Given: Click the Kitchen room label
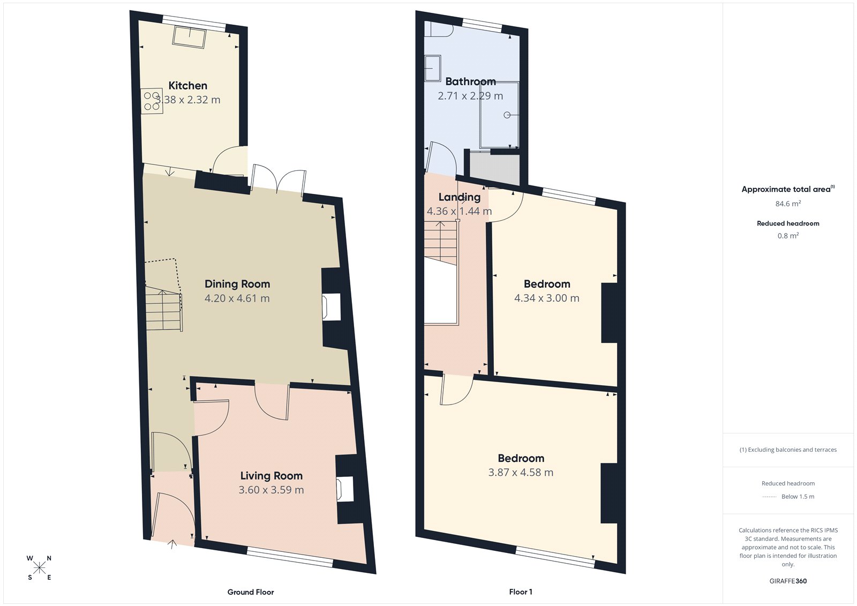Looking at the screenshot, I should point(187,86).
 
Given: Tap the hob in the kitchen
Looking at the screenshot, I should point(152,101).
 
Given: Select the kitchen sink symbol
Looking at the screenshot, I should point(190,37).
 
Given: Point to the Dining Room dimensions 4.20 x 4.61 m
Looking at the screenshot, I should point(237,298).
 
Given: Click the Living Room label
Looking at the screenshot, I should point(271,476).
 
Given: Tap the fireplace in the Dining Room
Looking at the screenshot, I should point(331,307).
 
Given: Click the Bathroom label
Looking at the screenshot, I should point(470,81).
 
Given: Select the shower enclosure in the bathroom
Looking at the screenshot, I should point(499,115).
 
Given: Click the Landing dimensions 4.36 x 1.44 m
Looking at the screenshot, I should point(459,211).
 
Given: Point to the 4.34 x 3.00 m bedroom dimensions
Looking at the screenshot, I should point(546,298).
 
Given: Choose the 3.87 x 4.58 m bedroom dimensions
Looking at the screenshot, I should point(521,473).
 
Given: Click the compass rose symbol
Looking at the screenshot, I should point(39,568).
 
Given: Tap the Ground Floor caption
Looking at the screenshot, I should point(251,592).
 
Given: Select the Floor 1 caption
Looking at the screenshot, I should point(521,592).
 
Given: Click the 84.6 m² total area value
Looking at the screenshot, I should point(788,204).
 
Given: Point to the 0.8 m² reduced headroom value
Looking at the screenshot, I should point(788,236).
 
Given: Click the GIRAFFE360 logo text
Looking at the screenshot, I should point(788,581).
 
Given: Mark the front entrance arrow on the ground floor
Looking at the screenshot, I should point(172,544).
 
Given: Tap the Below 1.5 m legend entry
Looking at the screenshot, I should point(797,497).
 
